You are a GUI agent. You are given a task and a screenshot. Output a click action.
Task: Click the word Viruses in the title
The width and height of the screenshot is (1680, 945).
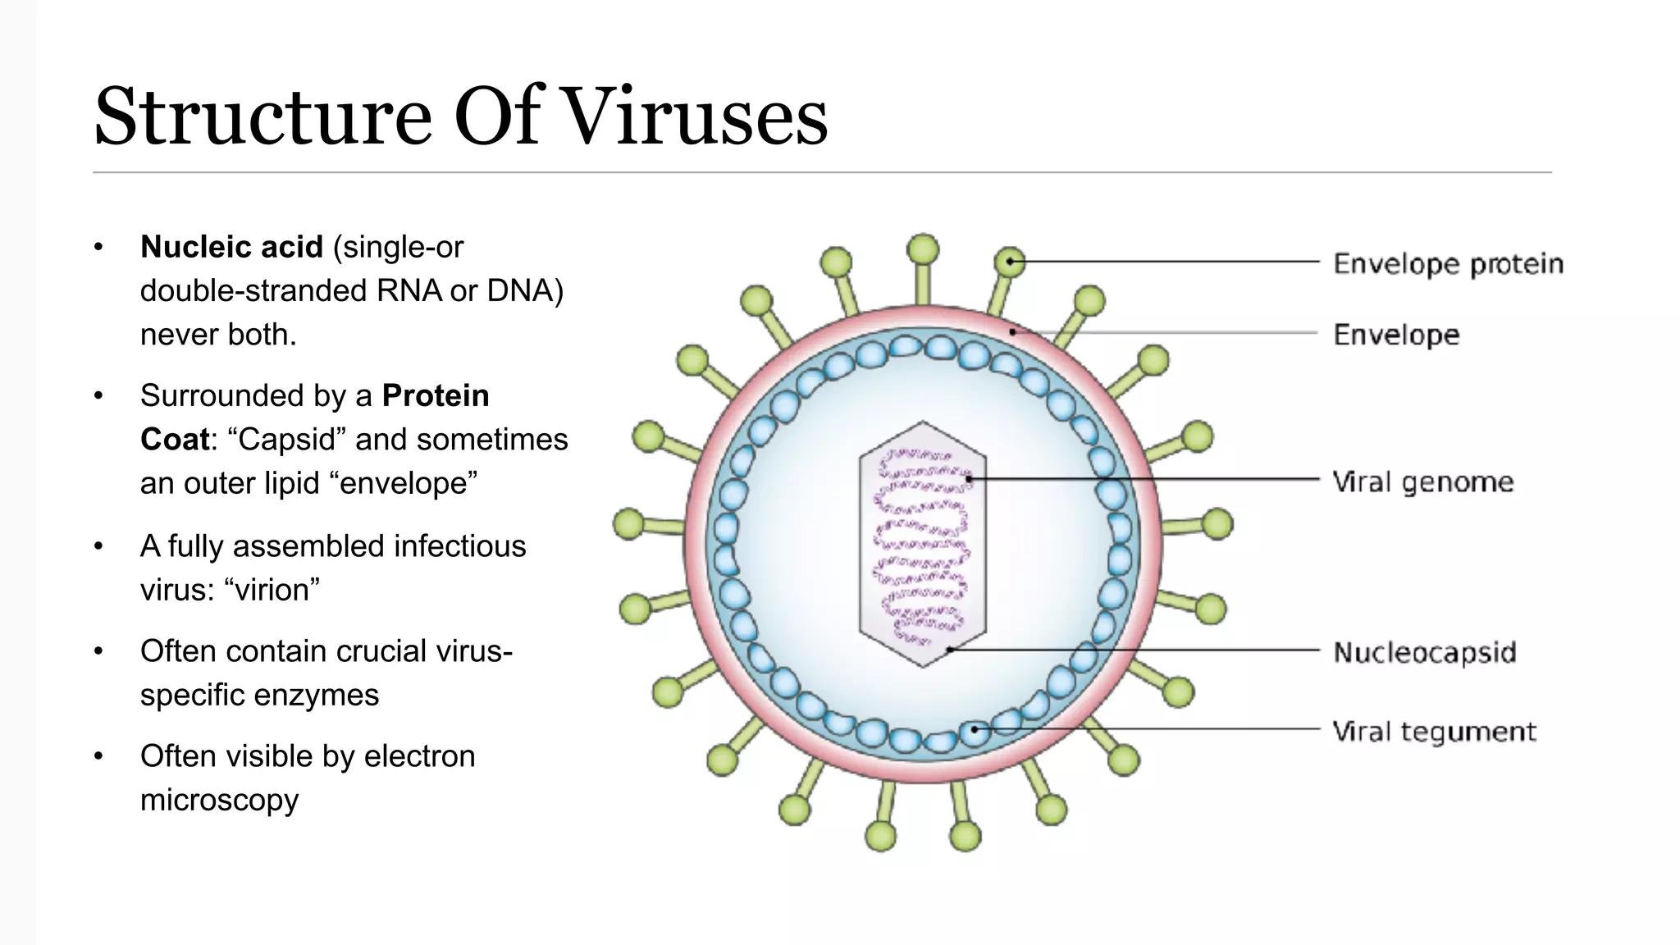(696, 116)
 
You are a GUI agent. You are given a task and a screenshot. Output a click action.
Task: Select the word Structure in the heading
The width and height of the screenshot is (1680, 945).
(262, 116)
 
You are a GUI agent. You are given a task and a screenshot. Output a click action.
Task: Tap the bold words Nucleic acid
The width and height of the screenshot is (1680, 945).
(231, 247)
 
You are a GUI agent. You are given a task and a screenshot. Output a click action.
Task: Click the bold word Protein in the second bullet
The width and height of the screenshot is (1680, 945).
(436, 395)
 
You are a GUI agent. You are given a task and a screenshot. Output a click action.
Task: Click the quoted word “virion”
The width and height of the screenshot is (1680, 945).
(271, 590)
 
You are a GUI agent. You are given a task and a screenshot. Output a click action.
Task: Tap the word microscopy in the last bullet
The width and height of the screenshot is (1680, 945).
(219, 800)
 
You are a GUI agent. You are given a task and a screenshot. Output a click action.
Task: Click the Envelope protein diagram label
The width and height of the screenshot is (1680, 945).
(1448, 264)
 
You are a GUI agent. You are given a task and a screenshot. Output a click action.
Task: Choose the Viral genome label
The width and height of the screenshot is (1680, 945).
(1422, 482)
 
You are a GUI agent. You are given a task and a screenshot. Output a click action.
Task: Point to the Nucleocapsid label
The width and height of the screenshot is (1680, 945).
(1424, 653)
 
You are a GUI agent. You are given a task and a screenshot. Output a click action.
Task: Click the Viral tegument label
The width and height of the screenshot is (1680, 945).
(1434, 731)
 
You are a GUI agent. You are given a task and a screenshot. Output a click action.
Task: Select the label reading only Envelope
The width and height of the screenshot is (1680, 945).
(1396, 335)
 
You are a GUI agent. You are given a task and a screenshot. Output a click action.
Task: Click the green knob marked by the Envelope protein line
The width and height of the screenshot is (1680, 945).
(1010, 262)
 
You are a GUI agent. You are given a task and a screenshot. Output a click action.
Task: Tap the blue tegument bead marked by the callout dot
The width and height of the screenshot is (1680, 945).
(975, 729)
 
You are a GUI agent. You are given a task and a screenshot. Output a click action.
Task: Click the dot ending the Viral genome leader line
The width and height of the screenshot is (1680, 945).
(969, 478)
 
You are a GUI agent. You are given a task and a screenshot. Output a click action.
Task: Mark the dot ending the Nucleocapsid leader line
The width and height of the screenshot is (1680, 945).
(948, 650)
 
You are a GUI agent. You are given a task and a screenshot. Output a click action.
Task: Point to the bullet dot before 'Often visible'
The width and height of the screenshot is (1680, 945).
(98, 756)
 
